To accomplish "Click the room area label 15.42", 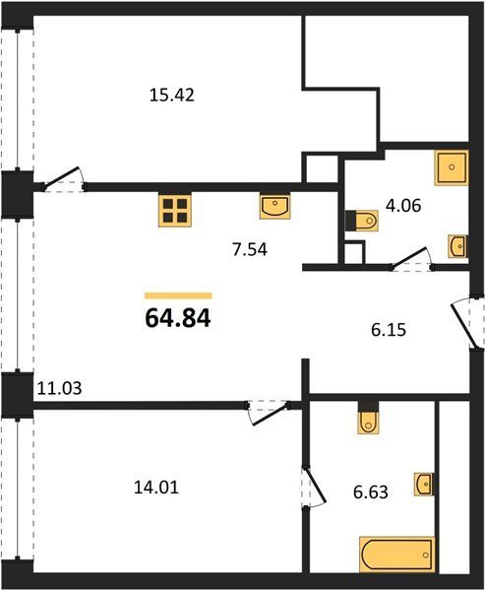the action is pos(172,95).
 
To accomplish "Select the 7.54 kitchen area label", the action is pos(250,249).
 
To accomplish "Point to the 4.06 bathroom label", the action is pos(403,206).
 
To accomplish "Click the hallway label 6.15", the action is pos(389,330).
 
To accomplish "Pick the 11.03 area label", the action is pos(59,388).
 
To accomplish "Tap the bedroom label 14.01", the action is pos(156,488).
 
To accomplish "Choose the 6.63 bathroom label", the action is pos(371,492).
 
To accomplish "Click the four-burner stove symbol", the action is pos(175,211).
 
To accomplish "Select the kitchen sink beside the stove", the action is pos(274,206).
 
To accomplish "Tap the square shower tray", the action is pos(452,167).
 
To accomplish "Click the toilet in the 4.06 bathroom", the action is pos(362,221).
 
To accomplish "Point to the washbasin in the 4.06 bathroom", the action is pos(457,246).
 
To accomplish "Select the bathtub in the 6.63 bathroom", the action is pos(396,556).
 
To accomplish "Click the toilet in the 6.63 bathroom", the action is pos(368,418).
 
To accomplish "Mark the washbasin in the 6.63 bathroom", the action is pos(424,484).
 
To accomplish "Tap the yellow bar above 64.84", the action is pos(178,295).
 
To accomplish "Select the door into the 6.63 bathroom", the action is pos(315,488).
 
